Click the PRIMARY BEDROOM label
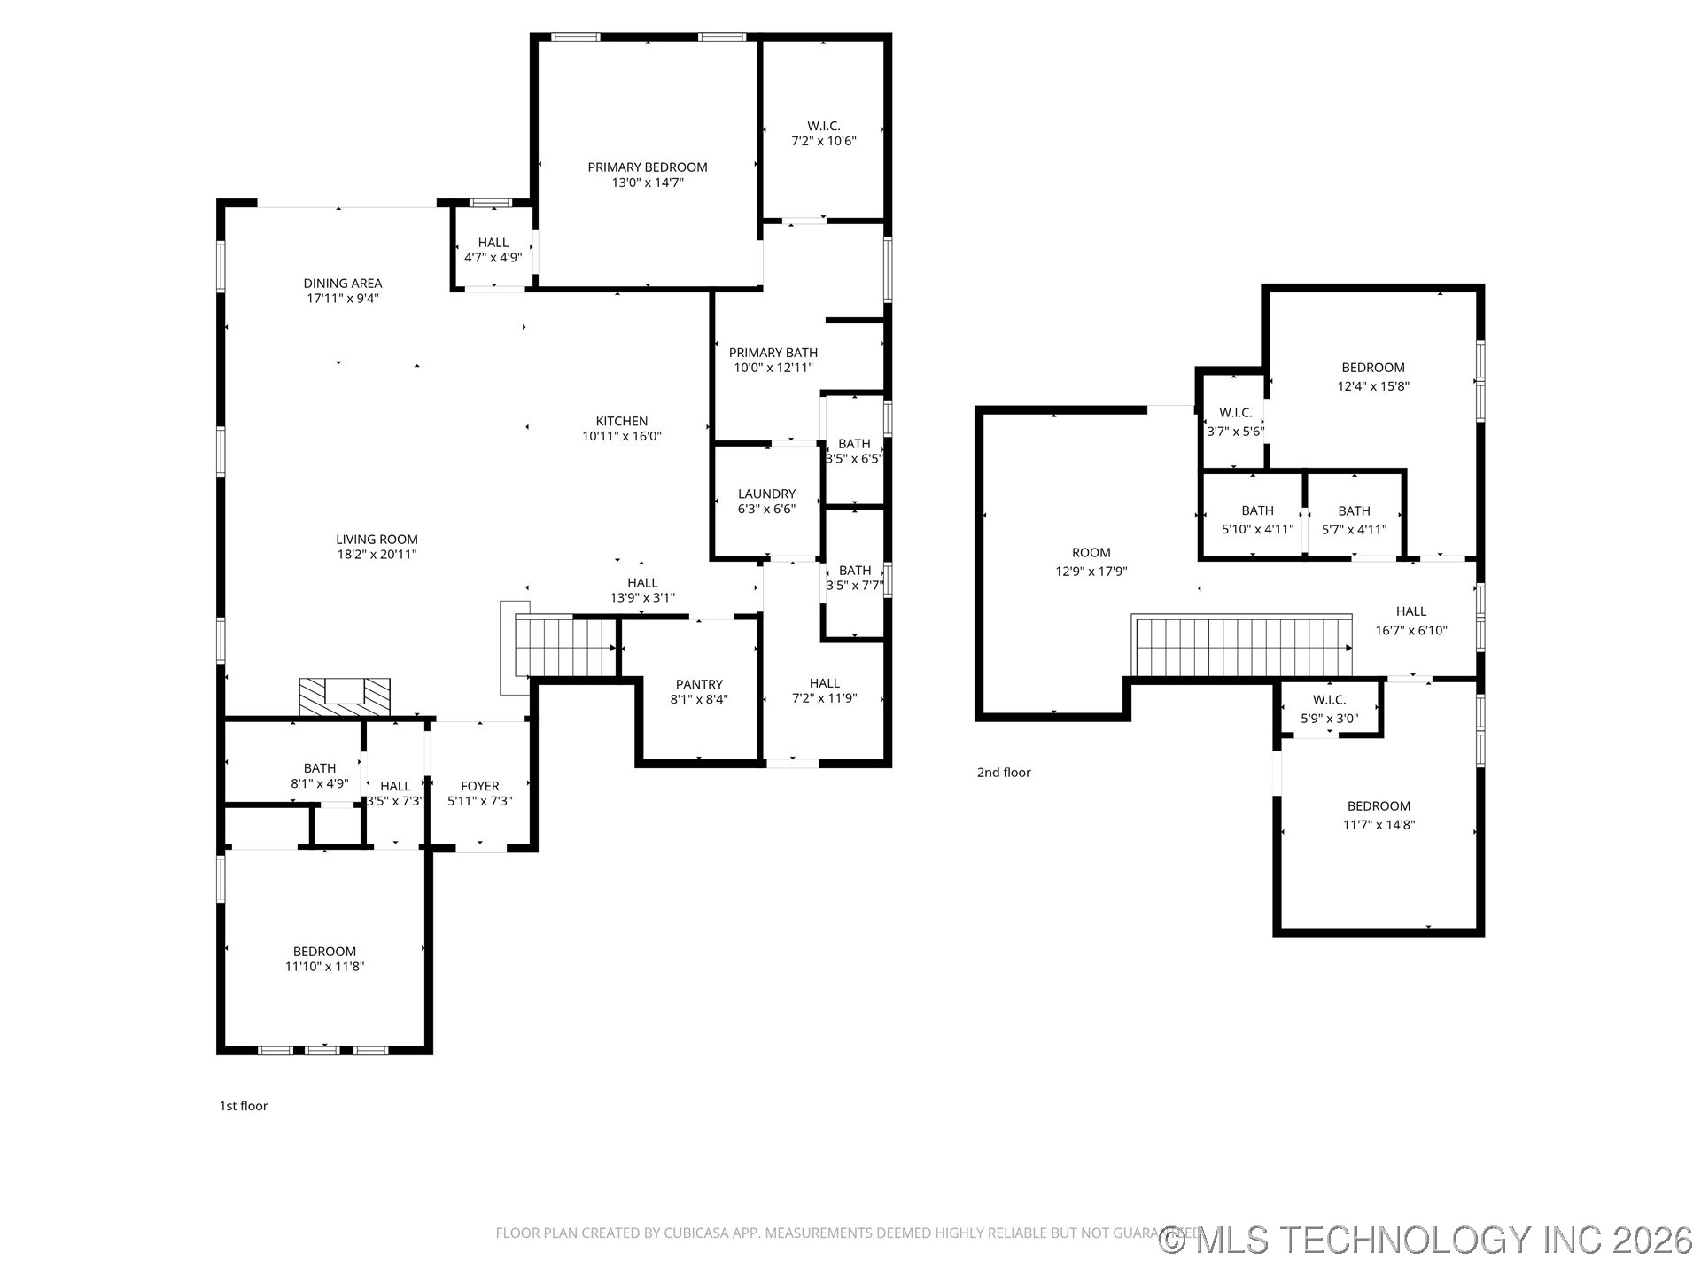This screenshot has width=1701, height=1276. point(648,167)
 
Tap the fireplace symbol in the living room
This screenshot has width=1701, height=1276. point(344,696)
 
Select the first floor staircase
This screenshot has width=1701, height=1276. point(565,647)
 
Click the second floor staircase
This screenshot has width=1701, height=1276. point(1243,647)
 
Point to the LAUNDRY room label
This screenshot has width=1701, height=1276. point(766,494)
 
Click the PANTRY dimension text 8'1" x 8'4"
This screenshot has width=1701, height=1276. point(699,700)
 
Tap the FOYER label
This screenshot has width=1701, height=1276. point(479,786)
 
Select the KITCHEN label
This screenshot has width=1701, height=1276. point(621,421)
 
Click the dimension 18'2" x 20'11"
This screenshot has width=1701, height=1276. point(377,555)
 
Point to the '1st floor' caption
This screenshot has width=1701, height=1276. point(244,1106)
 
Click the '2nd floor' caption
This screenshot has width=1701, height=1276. point(1004,773)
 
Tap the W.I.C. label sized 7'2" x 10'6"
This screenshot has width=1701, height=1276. point(823,126)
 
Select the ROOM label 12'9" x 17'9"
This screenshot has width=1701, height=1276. point(1091,552)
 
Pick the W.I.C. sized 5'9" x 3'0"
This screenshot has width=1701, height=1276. point(1329,700)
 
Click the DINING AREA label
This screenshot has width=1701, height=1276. point(343,284)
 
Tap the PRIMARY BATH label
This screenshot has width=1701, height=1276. point(773,353)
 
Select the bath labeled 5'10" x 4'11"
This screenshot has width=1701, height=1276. point(1257,510)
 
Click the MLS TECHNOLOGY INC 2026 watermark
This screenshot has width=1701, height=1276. point(1426,1240)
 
